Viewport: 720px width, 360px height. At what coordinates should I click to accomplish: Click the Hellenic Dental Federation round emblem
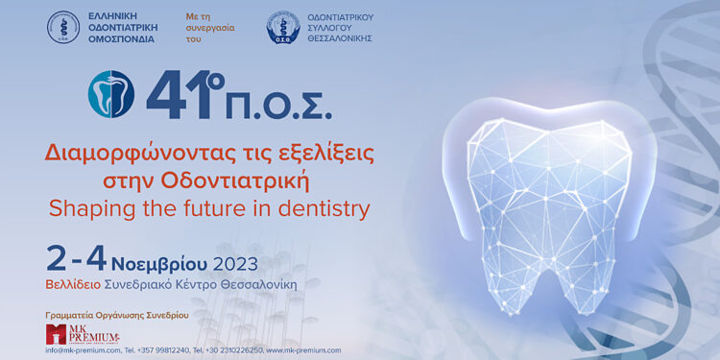point(63,27)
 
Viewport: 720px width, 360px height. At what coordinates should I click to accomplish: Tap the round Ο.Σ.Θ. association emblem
point(282,27)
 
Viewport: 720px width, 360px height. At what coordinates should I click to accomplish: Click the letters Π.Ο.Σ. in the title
point(284,105)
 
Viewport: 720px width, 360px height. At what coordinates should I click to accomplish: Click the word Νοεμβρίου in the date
point(159,262)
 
